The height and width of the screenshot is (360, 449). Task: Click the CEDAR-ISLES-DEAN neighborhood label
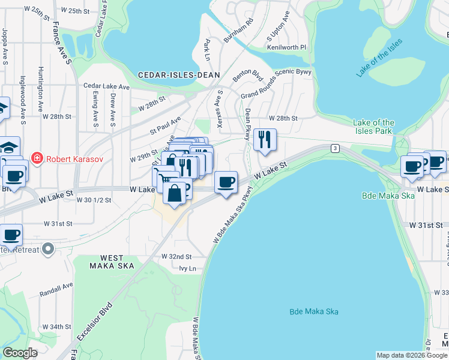pyautogui.click(x=179, y=75)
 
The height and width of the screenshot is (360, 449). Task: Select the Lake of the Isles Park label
pyautogui.click(x=375, y=127)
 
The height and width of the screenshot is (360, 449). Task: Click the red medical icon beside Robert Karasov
pyautogui.click(x=37, y=158)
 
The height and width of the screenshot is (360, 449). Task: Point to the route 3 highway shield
pyautogui.click(x=335, y=148)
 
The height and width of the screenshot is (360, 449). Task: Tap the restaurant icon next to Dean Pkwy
pyautogui.click(x=265, y=140)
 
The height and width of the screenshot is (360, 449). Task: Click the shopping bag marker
pyautogui.click(x=175, y=193)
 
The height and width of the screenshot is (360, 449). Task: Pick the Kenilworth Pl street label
pyautogui.click(x=286, y=47)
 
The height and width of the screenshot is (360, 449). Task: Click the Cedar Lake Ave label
pyautogui.click(x=107, y=87)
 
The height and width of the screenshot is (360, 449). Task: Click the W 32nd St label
pyautogui.click(x=176, y=256)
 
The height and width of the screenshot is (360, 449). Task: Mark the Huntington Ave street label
pyautogui.click(x=41, y=88)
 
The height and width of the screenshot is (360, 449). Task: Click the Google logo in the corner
pyautogui.click(x=20, y=353)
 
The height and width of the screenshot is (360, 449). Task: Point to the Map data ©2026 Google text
pyautogui.click(x=411, y=355)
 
